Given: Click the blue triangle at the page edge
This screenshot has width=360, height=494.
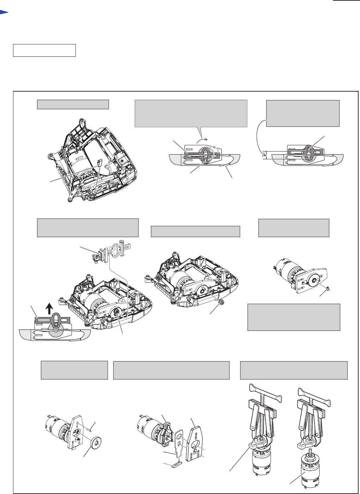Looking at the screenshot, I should [x=4, y=13].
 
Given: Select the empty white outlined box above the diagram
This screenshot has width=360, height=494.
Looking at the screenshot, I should [x=44, y=50].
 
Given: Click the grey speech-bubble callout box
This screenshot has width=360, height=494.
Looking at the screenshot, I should [x=191, y=113].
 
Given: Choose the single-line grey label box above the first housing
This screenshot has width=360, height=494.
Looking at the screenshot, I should [x=73, y=104].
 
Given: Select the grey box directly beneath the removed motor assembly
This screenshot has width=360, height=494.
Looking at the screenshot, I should [x=294, y=317].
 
